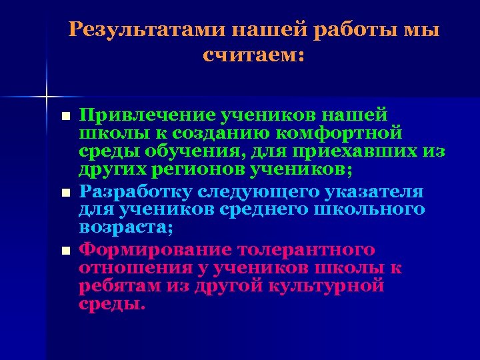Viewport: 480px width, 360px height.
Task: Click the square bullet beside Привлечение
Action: (x=65, y=117)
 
